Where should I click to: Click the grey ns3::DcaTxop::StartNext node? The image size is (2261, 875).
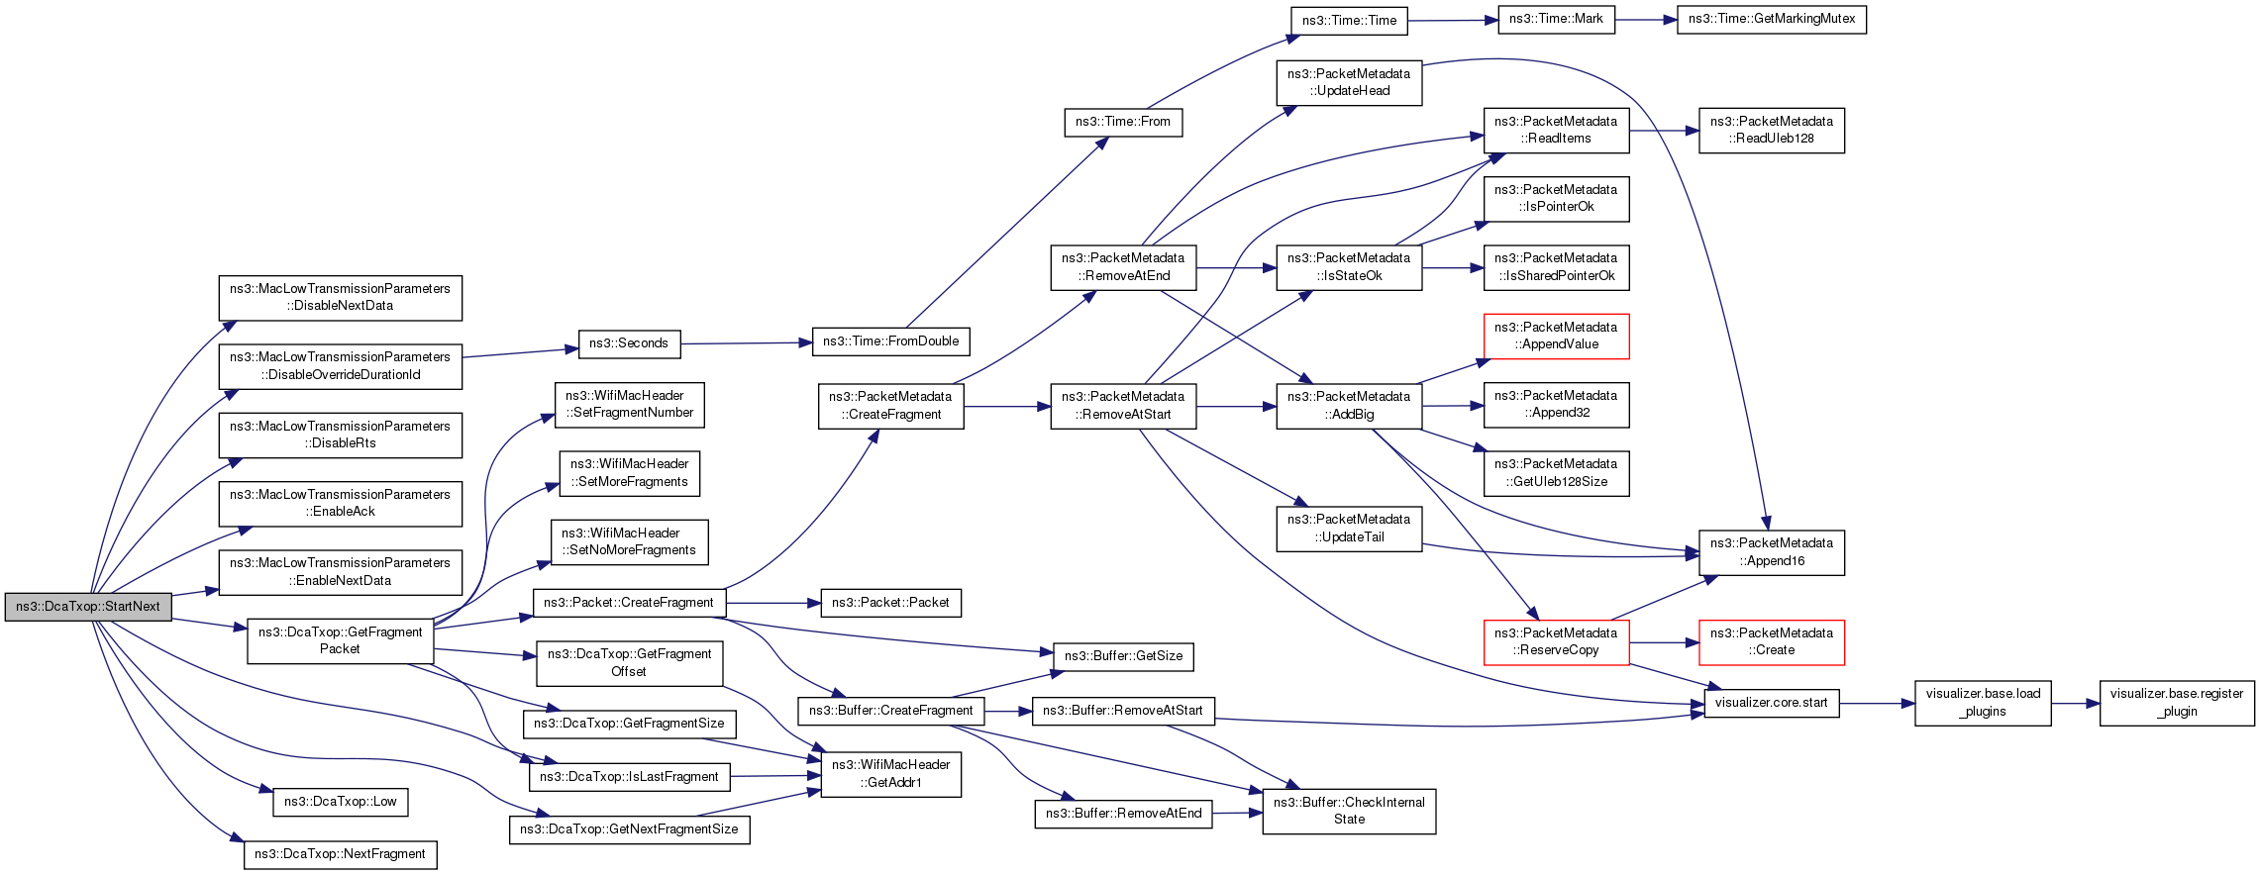coord(88,607)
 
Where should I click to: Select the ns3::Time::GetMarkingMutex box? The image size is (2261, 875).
coord(1772,19)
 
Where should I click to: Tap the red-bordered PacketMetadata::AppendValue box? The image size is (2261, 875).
coord(1556,336)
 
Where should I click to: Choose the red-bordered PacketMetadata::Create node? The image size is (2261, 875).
coord(1772,641)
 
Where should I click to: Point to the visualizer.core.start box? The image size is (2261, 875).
coord(1772,703)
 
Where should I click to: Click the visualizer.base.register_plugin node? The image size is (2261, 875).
coord(2177,703)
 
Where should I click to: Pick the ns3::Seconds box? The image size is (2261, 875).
coord(629,343)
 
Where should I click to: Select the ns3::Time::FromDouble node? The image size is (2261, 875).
coord(891,341)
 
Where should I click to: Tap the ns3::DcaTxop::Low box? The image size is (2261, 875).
coord(341,802)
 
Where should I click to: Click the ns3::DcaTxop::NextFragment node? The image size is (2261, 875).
coord(341,854)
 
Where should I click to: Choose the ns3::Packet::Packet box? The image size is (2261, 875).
coord(890,603)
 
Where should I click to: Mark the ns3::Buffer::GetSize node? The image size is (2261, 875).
coord(1124,656)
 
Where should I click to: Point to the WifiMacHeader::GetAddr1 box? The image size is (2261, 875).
coord(891,774)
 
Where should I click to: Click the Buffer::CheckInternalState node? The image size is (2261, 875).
coord(1349,811)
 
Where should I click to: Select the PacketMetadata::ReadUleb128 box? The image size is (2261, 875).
coord(1772,130)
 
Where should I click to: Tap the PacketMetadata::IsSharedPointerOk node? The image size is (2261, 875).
coord(1556,267)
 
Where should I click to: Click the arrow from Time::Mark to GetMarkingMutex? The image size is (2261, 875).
coord(1645,20)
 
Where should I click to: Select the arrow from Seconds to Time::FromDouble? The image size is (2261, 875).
coord(746,342)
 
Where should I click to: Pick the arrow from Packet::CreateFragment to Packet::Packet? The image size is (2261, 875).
coord(773,603)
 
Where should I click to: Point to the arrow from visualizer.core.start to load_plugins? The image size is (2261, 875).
coord(1877,704)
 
